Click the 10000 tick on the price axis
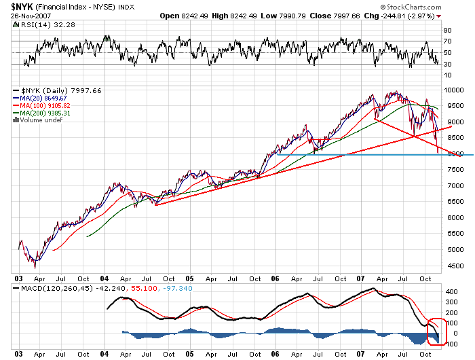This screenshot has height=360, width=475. click(453, 90)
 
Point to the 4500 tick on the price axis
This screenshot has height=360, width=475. click(451, 266)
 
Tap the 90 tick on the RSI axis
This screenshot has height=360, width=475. click(448, 31)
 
